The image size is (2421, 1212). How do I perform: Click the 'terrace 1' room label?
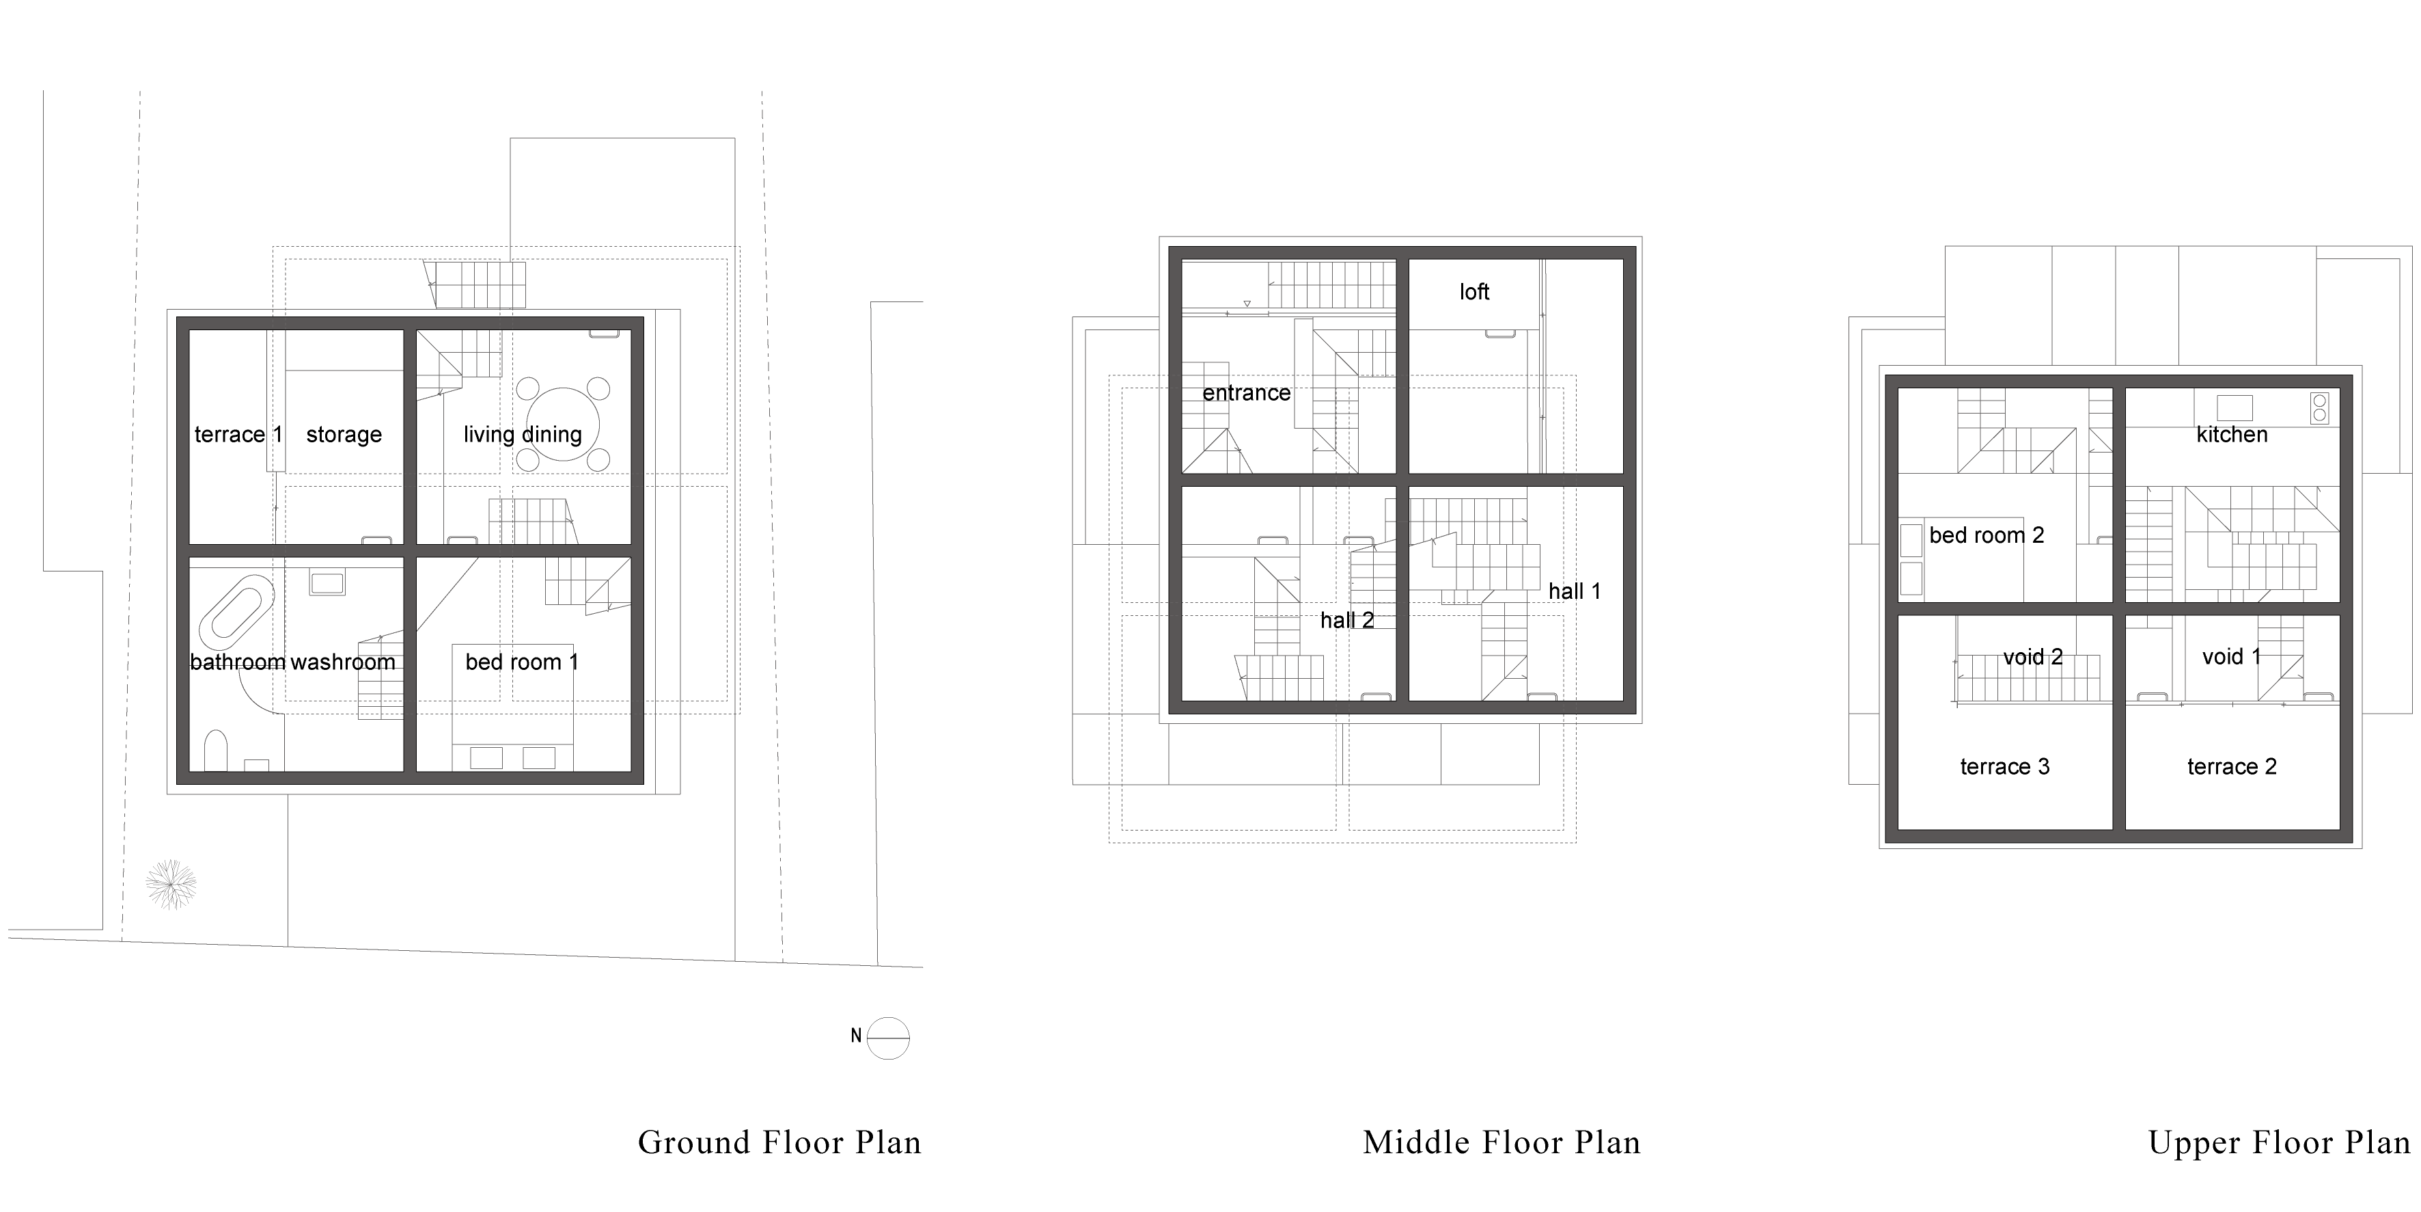238,434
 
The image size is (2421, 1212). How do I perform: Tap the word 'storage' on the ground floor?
344,434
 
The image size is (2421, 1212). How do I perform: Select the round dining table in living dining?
562,424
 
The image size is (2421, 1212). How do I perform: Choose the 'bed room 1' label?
522,662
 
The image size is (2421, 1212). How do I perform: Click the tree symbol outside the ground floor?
171,885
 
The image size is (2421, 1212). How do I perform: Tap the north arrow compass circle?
888,1038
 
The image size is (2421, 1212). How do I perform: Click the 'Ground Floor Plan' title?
780,1142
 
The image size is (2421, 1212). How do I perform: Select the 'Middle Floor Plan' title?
1502,1142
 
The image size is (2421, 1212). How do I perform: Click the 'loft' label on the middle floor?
1475,293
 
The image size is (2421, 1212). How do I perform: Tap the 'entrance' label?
1246,393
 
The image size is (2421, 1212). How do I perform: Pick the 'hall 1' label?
1574,591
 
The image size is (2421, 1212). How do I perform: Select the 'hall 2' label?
1346,621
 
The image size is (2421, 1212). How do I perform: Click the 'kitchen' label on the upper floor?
2232,434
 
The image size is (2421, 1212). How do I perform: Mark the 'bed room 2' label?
1987,535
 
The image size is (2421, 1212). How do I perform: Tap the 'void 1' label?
2231,656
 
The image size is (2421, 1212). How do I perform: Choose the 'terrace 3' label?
2005,766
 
